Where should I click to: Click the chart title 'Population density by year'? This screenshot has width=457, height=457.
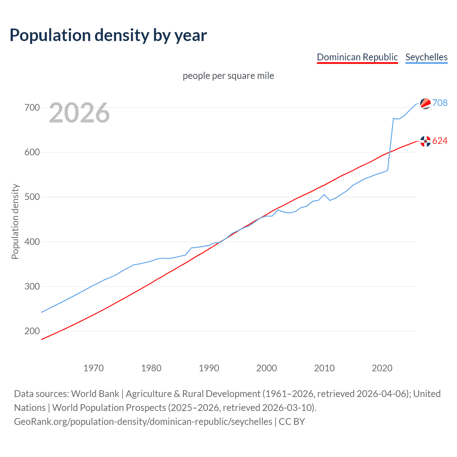coord(108,35)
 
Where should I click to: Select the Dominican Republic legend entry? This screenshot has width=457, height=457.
coord(357,57)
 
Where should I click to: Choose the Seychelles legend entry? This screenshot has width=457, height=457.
coord(426,57)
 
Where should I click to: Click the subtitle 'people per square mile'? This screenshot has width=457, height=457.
coord(228,76)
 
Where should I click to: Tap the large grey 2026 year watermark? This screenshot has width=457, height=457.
coord(79,113)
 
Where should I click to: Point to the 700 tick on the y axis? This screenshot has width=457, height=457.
coord(32,107)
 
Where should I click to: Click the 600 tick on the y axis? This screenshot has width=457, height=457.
coord(32,152)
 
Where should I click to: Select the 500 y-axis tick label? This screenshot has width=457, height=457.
coord(32,197)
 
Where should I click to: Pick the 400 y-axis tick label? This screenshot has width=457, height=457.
coord(32,242)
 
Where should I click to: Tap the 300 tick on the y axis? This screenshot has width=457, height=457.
coord(32,286)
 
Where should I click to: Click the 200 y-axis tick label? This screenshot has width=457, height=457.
coord(32,331)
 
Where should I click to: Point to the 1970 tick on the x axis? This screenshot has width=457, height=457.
coord(94,368)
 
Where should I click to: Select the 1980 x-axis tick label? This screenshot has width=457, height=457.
coord(151,368)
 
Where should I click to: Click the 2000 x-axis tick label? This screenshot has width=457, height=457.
coord(267,368)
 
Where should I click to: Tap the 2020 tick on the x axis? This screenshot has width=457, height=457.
coord(382,368)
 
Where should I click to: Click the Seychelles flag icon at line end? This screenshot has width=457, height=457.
coord(425,104)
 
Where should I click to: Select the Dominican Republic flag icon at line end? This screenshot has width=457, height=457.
coord(425,141)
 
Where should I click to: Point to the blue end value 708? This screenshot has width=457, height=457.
coord(440,103)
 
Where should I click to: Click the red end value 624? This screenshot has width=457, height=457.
coord(440,141)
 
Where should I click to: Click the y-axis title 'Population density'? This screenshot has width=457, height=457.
coord(15,221)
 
